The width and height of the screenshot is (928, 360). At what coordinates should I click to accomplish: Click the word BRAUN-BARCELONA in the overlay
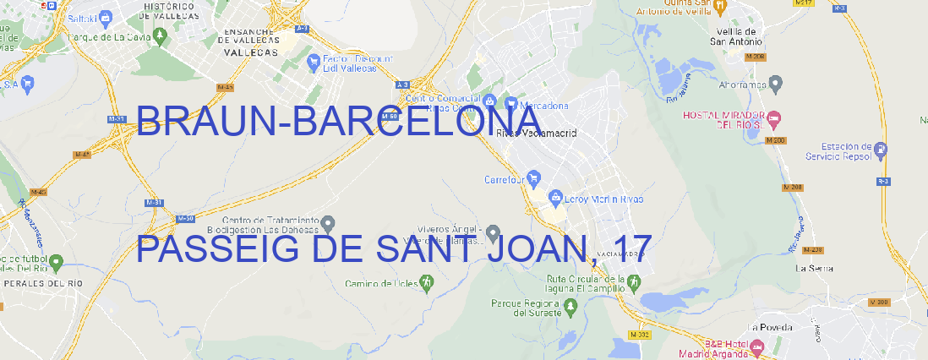(x=338, y=123)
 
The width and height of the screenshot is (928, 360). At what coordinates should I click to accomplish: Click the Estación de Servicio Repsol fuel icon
(x=882, y=150)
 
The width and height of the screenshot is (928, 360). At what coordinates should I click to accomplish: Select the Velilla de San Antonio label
(x=734, y=35)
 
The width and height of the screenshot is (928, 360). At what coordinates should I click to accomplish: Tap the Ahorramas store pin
(x=777, y=83)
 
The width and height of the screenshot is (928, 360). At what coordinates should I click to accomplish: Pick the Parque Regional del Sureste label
(x=526, y=308)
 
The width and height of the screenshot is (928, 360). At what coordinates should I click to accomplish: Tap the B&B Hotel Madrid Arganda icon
(x=758, y=346)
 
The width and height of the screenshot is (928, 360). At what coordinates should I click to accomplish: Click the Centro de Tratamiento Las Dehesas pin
(x=329, y=223)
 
